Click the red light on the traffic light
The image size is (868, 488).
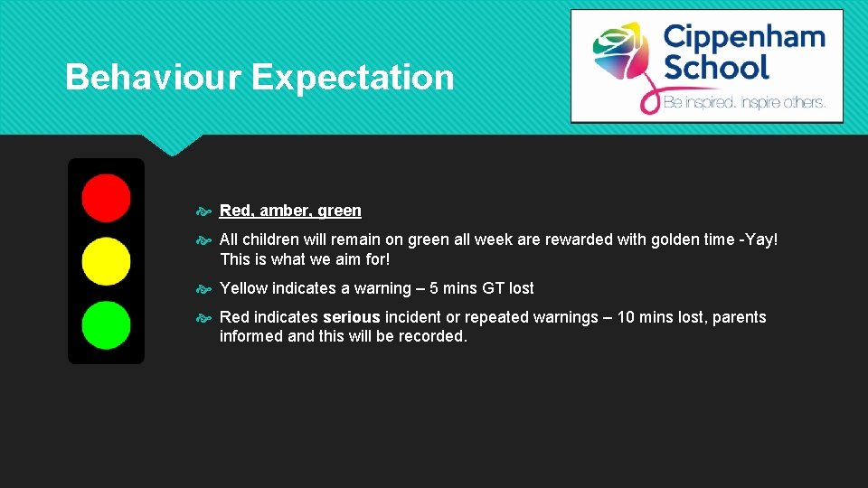tap(106, 197)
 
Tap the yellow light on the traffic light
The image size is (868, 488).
tap(106, 261)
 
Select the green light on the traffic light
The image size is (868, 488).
tap(106, 325)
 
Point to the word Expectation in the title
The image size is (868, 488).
tap(353, 78)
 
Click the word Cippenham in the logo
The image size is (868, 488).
tap(743, 37)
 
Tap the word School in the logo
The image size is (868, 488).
tap(715, 67)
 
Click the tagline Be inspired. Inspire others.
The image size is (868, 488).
tap(744, 103)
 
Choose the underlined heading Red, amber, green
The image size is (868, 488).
tap(290, 211)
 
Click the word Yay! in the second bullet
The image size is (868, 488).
tap(760, 239)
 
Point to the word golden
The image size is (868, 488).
tap(675, 239)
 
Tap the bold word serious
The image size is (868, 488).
tap(352, 317)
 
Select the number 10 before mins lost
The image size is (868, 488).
tap(627, 317)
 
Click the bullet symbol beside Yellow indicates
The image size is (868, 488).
tap(203, 289)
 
